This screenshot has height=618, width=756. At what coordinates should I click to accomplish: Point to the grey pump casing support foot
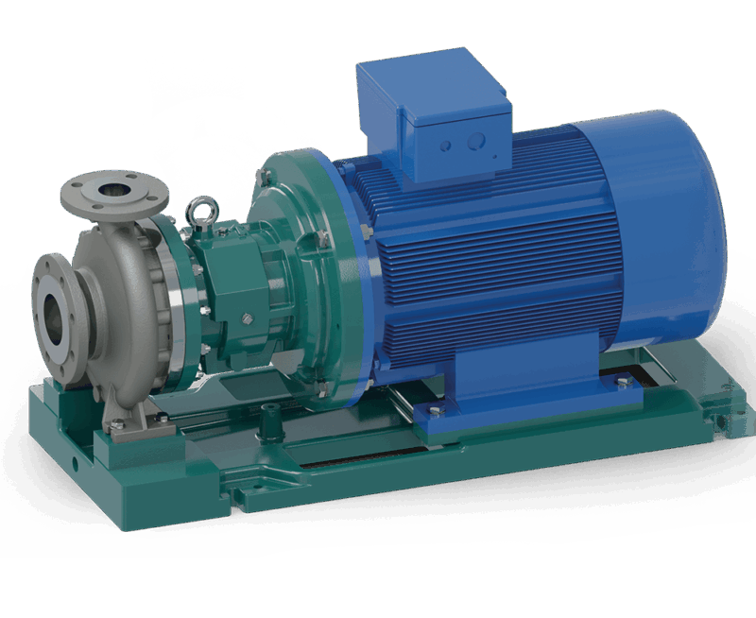tap(128, 416)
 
